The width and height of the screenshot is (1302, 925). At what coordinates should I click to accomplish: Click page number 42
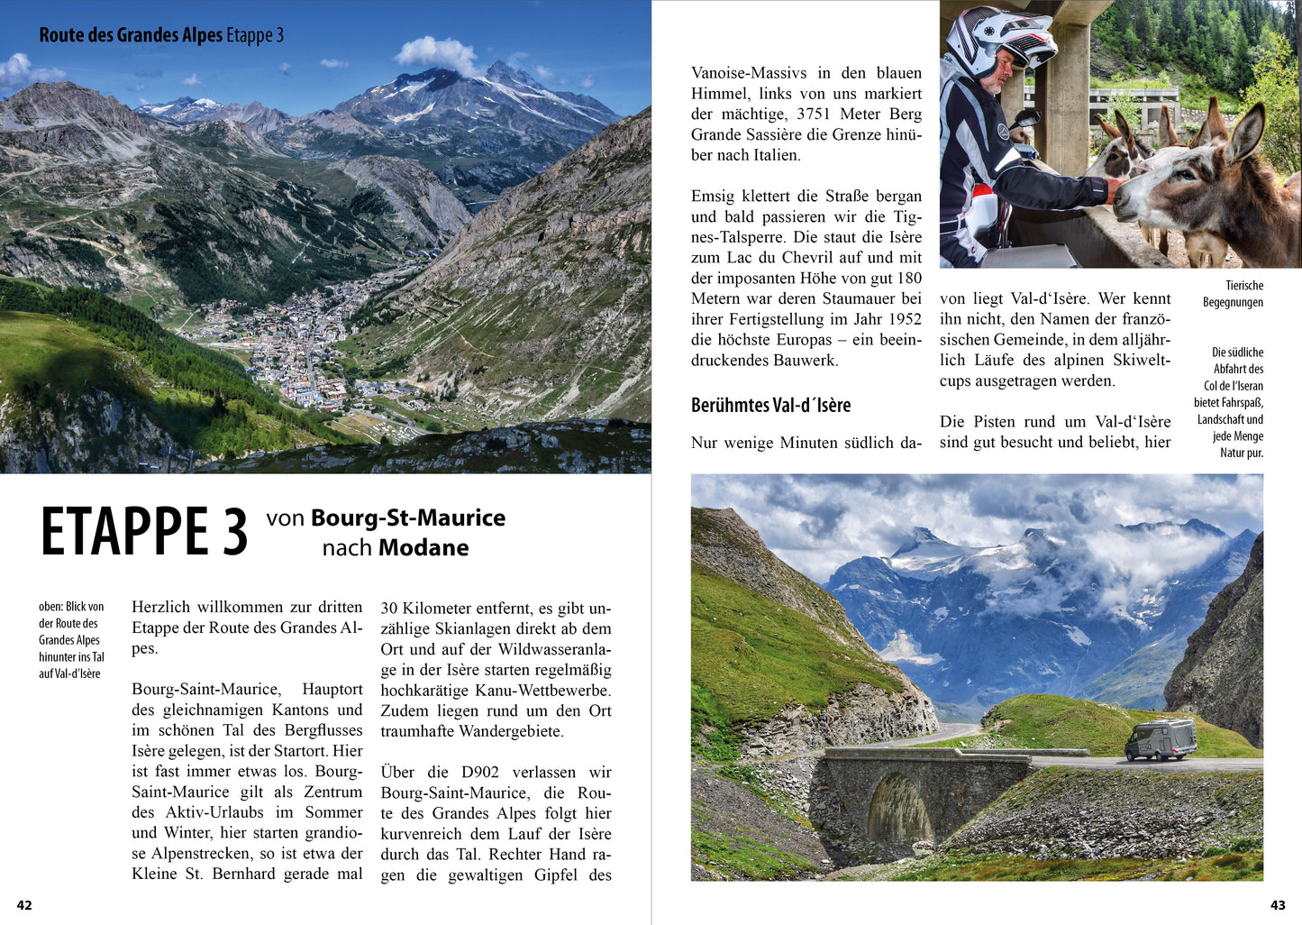(x=24, y=905)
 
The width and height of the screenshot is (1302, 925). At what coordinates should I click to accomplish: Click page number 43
(x=1278, y=905)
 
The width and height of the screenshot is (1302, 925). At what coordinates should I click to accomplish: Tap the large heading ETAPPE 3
(x=144, y=532)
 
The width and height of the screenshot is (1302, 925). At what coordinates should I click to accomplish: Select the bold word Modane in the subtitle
(x=423, y=547)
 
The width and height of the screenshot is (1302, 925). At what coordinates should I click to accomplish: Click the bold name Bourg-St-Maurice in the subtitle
(x=408, y=517)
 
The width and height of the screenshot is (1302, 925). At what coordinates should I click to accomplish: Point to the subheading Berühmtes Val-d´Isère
(x=770, y=405)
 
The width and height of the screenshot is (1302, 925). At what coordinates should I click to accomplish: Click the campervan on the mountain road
(x=1161, y=739)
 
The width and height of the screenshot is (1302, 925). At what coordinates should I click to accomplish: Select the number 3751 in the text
(x=813, y=114)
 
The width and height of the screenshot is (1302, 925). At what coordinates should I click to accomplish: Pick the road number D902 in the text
(x=480, y=772)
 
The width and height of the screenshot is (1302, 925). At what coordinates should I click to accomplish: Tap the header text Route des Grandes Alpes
(x=131, y=35)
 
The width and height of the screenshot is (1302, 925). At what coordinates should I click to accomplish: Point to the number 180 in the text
(x=909, y=278)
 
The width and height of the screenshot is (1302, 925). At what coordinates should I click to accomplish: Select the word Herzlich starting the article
(x=162, y=607)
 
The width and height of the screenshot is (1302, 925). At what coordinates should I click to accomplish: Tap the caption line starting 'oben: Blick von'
(x=71, y=607)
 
